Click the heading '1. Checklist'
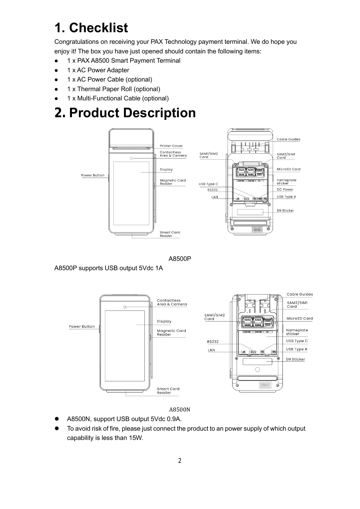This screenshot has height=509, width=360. point(91,28)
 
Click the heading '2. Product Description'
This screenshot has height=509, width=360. point(125,113)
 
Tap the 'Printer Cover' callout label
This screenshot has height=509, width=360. point(171,146)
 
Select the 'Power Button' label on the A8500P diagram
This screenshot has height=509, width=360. point(93,175)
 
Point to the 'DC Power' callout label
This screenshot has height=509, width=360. point(285,189)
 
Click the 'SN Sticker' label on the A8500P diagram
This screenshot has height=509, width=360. point(285,211)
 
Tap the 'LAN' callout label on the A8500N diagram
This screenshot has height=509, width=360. point(211,350)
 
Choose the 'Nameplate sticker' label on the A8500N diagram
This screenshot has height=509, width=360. point(297,332)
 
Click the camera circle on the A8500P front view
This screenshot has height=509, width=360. point(131,158)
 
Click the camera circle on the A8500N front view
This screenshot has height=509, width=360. point(125,307)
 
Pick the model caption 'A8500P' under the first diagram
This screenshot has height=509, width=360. point(180,259)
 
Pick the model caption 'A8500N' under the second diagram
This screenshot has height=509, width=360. point(180,410)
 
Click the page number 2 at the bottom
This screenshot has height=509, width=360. point(180,461)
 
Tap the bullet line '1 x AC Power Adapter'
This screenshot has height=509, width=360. point(98,70)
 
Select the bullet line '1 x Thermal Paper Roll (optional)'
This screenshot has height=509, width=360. point(113,89)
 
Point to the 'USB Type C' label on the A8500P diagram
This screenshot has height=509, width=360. point(208,184)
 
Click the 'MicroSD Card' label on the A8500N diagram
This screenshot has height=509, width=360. point(299,319)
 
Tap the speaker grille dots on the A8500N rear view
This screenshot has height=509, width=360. point(265,385)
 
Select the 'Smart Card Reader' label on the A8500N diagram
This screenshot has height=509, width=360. point(168,391)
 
